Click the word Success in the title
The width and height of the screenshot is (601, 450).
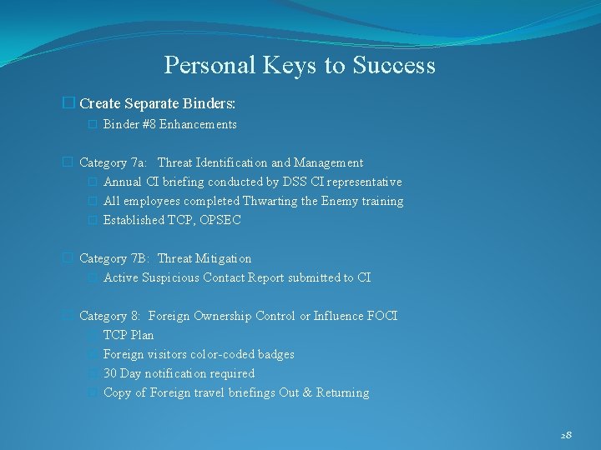click(396, 65)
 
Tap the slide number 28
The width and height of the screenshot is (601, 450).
click(566, 435)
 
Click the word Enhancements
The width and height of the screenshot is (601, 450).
click(198, 124)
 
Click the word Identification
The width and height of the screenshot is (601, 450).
click(232, 162)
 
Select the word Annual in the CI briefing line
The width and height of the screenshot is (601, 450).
click(122, 182)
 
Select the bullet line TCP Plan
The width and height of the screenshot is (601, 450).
click(129, 335)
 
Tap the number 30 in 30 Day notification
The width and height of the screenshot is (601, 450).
click(110, 373)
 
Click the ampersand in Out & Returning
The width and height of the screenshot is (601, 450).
click(307, 392)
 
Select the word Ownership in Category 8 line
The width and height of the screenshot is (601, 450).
click(223, 316)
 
